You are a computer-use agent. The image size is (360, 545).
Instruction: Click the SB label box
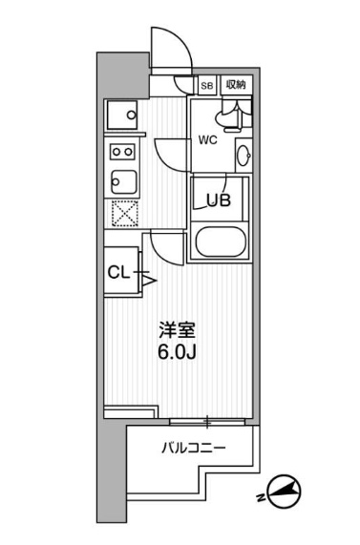[207, 85]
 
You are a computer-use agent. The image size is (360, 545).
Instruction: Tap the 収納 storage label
[236, 85]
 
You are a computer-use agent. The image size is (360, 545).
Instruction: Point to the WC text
[208, 140]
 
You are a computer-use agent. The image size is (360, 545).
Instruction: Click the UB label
[221, 199]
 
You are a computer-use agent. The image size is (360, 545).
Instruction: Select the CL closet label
[117, 273]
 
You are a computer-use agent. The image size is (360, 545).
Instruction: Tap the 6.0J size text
[179, 354]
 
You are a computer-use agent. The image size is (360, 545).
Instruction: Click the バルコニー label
[191, 447]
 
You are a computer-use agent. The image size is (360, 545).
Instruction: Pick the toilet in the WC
[229, 116]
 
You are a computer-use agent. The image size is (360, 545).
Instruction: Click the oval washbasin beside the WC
[244, 156]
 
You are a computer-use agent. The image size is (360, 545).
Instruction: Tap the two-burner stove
[121, 151]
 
